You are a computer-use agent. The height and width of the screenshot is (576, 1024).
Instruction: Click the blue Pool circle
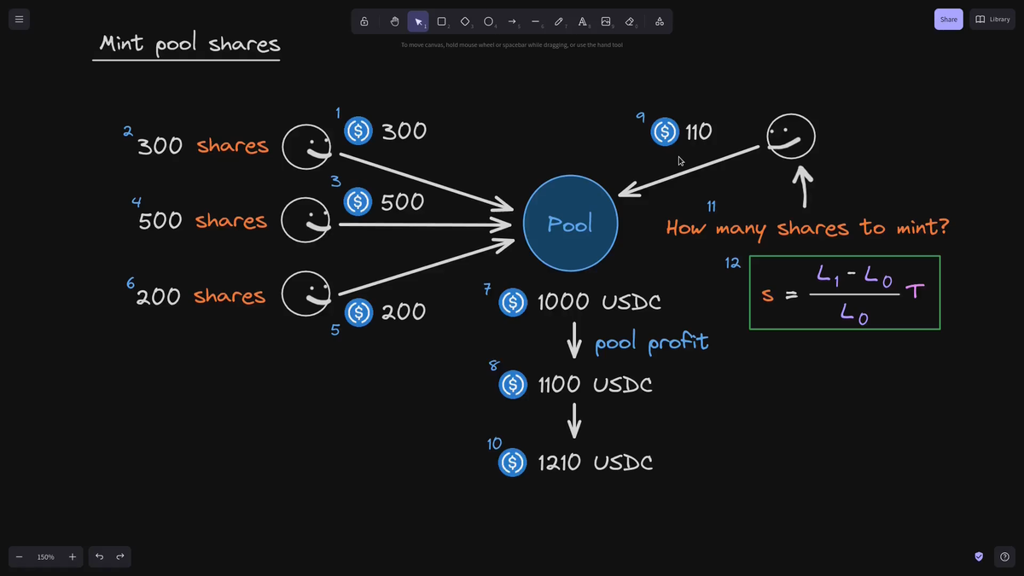coord(570,224)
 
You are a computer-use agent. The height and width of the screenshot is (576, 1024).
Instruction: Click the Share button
coord(948,19)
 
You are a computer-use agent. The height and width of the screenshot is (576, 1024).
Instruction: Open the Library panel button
coord(992,19)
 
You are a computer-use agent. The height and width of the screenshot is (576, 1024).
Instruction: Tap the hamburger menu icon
coord(19,19)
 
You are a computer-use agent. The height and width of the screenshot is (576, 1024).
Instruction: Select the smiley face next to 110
coord(790,137)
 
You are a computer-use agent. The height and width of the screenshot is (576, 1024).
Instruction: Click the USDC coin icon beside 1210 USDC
coord(512,463)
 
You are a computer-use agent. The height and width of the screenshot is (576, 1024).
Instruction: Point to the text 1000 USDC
coord(598,302)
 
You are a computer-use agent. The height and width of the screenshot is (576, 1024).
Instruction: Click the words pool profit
coord(651,343)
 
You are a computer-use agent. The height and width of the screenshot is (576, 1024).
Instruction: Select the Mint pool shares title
coord(189,44)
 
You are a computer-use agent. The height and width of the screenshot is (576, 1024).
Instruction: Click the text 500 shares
coord(202,221)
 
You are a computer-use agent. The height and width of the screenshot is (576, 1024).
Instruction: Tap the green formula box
coord(844,293)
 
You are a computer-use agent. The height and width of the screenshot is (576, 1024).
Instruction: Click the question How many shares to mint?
coord(806,228)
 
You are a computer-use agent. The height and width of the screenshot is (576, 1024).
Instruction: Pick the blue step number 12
coord(732,263)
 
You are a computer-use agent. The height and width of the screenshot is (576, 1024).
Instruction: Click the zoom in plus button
coord(73,557)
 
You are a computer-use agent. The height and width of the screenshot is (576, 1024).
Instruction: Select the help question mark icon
coord(1005,556)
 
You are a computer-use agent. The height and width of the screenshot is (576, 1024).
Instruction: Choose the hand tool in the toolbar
coord(394,21)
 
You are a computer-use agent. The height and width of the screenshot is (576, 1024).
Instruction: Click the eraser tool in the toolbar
coord(630,21)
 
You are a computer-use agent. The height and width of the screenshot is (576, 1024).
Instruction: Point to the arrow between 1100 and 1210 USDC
coord(574,421)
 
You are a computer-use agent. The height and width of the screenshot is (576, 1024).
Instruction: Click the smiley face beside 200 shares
coord(306,294)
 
